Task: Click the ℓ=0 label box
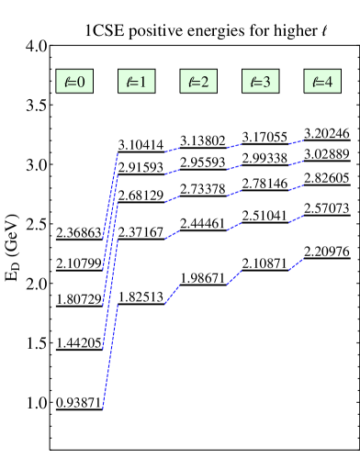tap(74, 82)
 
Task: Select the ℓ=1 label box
tap(136, 82)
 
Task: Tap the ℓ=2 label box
tap(198, 82)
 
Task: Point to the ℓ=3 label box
tap(260, 82)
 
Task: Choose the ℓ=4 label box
tap(322, 82)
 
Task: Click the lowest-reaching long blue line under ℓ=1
tap(110, 357)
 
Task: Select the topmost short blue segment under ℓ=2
tap(172, 150)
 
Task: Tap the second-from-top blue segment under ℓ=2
tap(172, 172)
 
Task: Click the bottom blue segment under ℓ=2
tap(172, 294)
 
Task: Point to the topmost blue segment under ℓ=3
tap(234, 145)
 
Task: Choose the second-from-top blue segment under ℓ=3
tap(234, 167)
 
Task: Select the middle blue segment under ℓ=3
tap(234, 193)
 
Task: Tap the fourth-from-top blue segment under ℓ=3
tap(234, 226)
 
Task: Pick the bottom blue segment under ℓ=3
tap(234, 277)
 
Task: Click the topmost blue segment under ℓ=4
tap(296, 141)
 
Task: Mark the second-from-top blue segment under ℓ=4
tap(296, 163)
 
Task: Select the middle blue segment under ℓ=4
tap(296, 188)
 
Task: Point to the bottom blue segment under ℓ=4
tap(296, 264)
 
